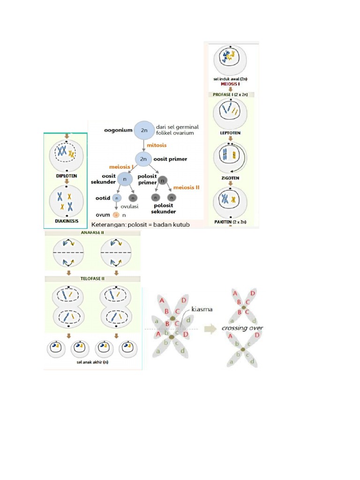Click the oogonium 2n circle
tap(144, 131)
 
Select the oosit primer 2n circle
tap(144, 159)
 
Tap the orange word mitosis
tap(157, 145)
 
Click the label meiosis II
tap(186, 187)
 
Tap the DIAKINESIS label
tap(66, 221)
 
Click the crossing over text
tap(242, 328)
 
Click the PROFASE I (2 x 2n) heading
tap(231, 94)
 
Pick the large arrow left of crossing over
tap(209, 329)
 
